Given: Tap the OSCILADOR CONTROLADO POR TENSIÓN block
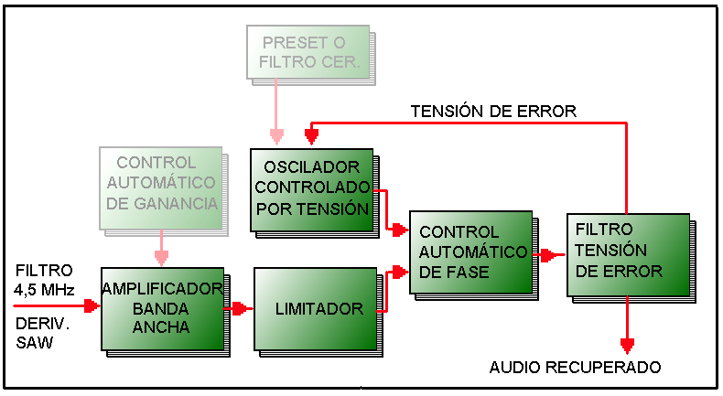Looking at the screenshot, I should [x=312, y=188].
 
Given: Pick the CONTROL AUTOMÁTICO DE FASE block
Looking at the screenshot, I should [x=469, y=252].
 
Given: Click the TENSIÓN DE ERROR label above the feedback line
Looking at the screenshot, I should [x=493, y=112].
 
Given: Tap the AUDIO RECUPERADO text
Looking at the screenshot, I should [x=575, y=368].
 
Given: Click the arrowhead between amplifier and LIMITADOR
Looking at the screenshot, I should [x=241, y=309].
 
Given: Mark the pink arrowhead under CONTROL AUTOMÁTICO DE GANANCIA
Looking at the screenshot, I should [x=161, y=258].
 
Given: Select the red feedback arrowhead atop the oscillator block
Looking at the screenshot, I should [x=311, y=137].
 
